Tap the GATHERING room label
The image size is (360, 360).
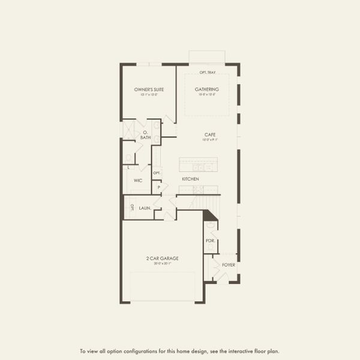pyautogui.click(x=206, y=89)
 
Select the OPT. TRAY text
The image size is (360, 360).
pyautogui.click(x=207, y=73)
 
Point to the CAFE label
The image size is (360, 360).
pyautogui.click(x=209, y=135)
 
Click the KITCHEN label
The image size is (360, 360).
pyautogui.click(x=191, y=179)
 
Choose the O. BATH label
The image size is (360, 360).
pyautogui.click(x=146, y=135)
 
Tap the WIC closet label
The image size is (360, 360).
pyautogui.click(x=137, y=180)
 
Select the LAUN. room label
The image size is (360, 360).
pyautogui.click(x=145, y=208)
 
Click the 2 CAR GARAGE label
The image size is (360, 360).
pyautogui.click(x=162, y=258)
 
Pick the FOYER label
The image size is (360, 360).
pyautogui.click(x=229, y=265)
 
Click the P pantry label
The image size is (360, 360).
pyautogui.click(x=159, y=187)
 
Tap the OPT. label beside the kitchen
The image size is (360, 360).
pyautogui.click(x=157, y=173)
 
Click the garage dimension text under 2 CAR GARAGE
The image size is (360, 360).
pyautogui.click(x=162, y=263)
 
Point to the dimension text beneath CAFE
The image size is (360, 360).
pyautogui.click(x=209, y=140)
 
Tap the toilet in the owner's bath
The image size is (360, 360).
pyautogui.click(x=129, y=158)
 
